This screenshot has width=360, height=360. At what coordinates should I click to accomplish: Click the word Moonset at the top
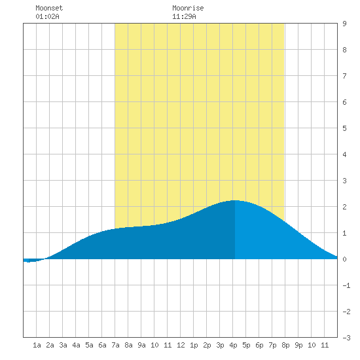coord(49,8)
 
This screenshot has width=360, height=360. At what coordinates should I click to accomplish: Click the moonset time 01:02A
coord(47,16)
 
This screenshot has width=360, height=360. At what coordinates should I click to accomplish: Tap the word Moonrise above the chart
coord(188,8)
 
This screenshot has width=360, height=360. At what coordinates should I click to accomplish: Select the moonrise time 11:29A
coord(184,16)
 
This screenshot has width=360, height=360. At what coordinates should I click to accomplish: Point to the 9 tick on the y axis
coord(344,24)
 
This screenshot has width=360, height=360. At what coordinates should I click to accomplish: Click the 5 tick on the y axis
coord(344,128)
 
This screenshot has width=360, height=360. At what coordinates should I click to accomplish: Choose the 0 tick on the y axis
coord(344,259)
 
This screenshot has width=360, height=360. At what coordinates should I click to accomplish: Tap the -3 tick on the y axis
coord(346,338)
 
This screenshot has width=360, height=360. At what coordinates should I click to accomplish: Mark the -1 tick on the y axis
coord(346,285)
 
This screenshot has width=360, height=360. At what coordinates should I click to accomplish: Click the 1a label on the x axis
coord(37,345)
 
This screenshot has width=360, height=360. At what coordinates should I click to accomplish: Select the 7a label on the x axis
coord(115,345)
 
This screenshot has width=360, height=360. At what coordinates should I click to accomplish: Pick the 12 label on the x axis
coord(181,345)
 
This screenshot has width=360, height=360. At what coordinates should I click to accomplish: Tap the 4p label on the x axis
coord(233,345)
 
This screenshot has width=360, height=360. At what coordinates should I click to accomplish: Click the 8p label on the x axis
coord(285,345)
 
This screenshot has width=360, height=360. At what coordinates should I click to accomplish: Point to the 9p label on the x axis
coord(298,345)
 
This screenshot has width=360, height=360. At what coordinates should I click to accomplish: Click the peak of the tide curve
coord(235,200)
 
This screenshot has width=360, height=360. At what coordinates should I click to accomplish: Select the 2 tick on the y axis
coord(344,207)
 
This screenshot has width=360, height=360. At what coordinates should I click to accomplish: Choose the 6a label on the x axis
coord(102,345)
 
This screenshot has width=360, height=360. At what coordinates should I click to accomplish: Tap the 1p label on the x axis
coord(194,345)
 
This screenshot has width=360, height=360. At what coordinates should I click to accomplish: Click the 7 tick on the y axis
coord(344,76)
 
